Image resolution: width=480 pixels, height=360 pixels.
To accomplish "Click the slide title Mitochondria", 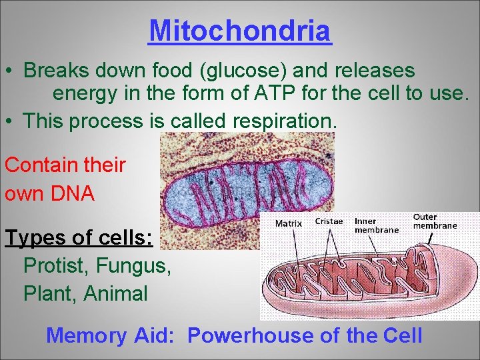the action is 240,31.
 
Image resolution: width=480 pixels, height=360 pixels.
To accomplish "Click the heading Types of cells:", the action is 79,238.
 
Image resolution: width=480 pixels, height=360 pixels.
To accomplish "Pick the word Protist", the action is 56,265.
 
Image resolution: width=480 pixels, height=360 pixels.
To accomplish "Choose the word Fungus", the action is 134,265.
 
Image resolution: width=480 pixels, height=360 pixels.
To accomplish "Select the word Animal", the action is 115,293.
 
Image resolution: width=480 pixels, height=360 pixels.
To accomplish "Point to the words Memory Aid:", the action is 111,335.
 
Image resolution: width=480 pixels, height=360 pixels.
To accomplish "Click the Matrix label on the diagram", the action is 289,223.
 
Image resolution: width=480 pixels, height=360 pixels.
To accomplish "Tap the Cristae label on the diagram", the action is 329,221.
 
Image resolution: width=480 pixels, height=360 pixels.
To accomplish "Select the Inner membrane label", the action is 376,225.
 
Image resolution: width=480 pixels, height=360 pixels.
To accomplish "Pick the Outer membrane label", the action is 435,221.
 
